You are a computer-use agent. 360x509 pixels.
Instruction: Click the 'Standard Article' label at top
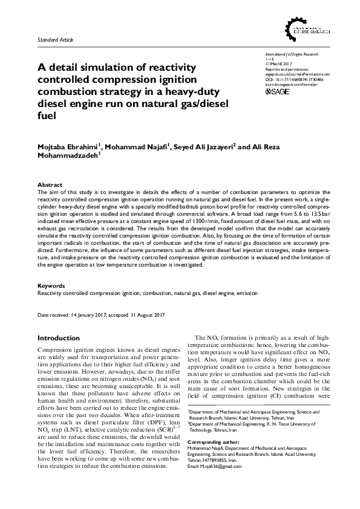pyautogui.click(x=55, y=39)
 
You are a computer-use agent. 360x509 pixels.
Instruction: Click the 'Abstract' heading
pyautogui.click(x=49, y=184)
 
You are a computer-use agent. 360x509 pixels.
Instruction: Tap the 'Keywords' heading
pyautogui.click(x=51, y=285)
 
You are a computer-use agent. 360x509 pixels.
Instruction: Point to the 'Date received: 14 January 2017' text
pyautogui.click(x=79, y=316)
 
